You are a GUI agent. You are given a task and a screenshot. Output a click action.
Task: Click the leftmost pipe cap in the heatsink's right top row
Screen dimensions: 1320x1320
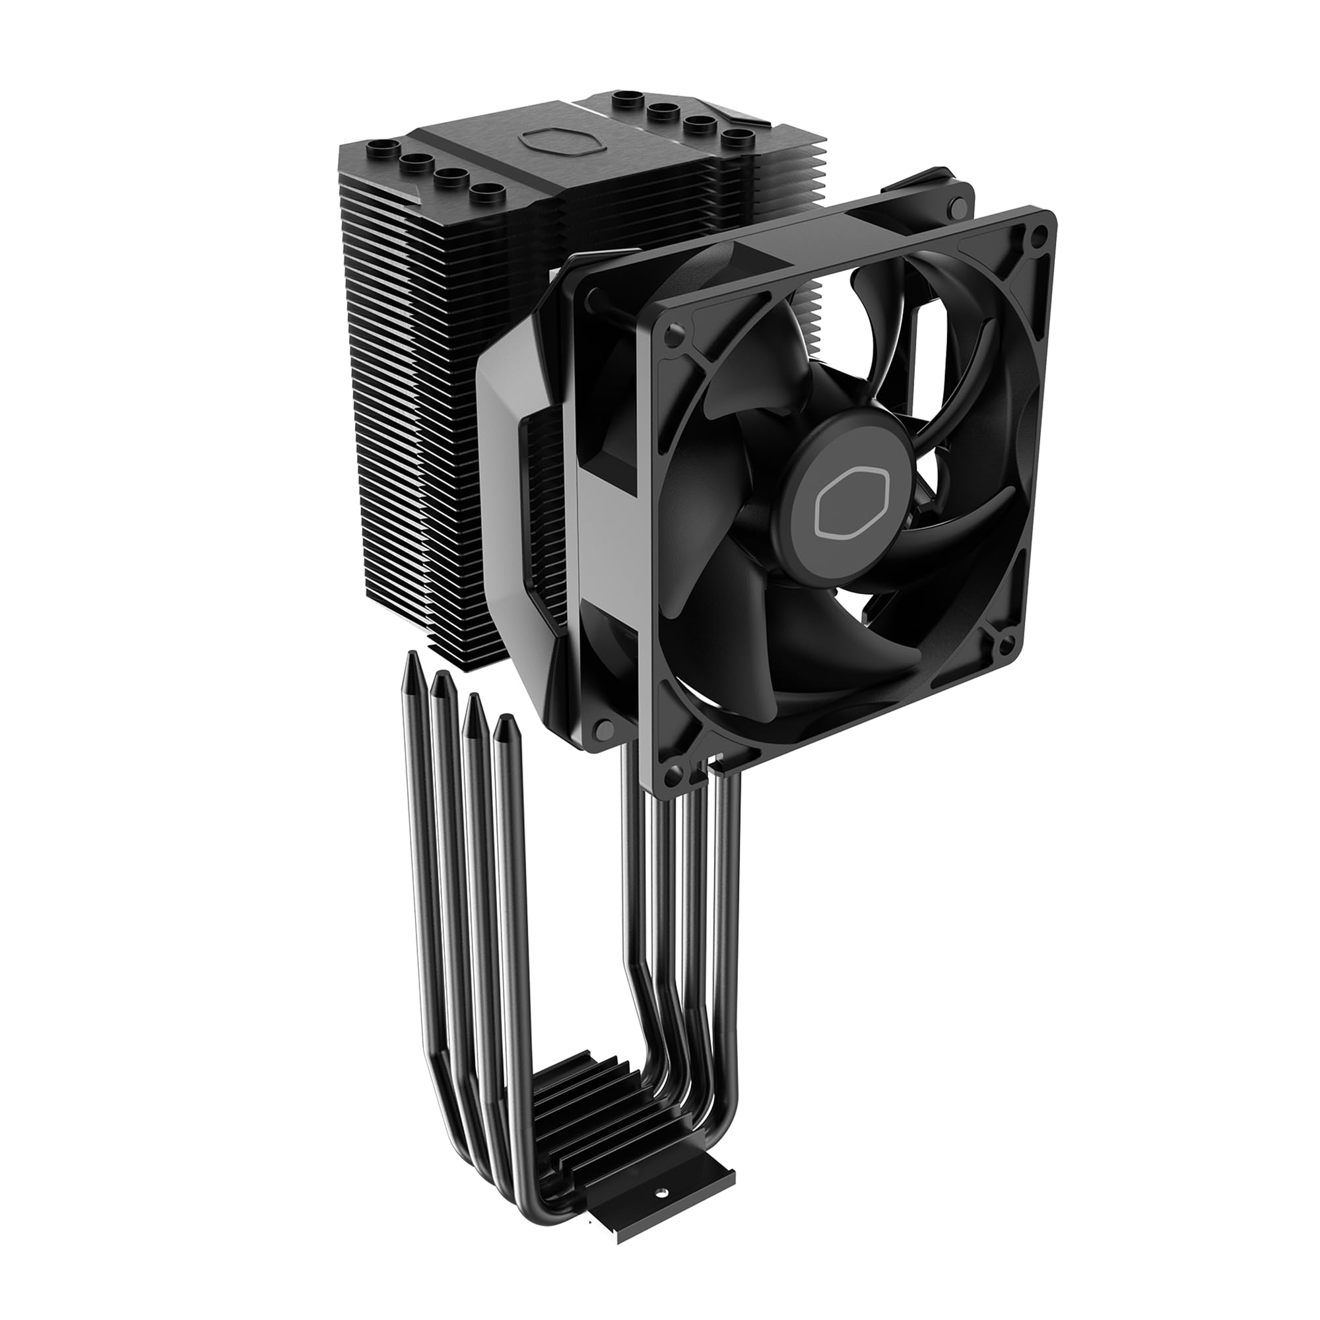click(627, 100)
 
